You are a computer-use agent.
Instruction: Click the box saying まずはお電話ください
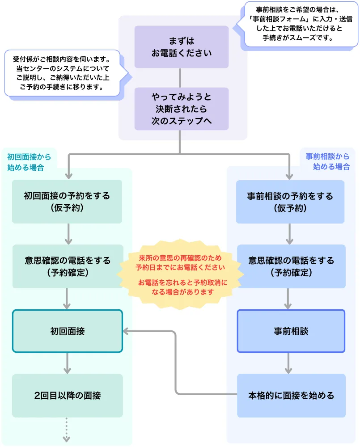coord(181,47)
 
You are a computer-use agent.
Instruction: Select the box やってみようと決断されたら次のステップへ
coord(181,109)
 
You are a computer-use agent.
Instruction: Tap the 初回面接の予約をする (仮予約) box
coord(67,202)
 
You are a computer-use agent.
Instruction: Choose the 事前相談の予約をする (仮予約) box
coord(290,202)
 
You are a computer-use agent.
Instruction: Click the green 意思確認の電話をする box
coord(67,266)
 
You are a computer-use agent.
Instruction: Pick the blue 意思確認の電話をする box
coord(291,266)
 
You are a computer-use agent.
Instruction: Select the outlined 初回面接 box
coord(67,331)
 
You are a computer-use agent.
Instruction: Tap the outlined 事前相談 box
coord(291,331)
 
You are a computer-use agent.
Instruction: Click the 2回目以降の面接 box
coord(67,396)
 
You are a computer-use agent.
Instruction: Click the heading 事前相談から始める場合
coord(327,161)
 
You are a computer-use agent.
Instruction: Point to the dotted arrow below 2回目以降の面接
coord(67,430)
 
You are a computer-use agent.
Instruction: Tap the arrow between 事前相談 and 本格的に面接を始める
coord(288,363)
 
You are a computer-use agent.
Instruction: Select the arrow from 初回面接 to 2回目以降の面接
coord(67,363)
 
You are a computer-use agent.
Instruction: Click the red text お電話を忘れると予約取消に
coord(182,283)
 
